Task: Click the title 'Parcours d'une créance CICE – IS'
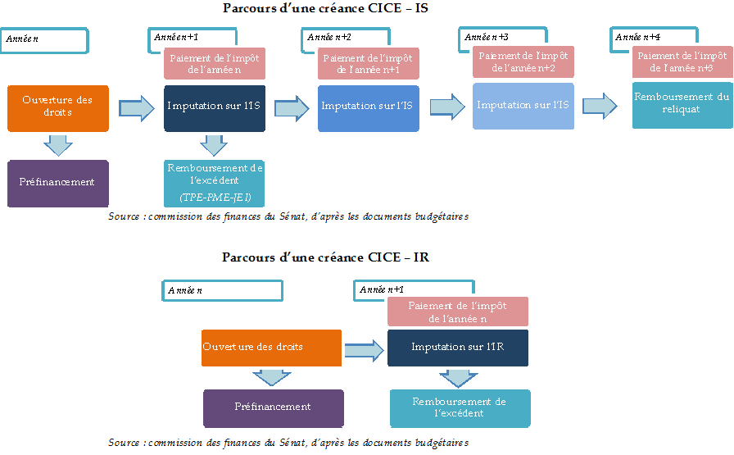325,8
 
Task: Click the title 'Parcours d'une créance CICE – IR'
325,257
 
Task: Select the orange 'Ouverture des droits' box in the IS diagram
57,107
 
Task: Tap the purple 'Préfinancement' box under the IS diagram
57,183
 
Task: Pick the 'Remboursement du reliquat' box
682,104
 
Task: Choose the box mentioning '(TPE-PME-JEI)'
214,183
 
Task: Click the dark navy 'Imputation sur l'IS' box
214,107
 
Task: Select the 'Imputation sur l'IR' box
457,348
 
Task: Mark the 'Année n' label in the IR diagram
221,290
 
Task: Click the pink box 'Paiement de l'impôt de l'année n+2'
523,61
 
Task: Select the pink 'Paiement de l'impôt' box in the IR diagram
457,312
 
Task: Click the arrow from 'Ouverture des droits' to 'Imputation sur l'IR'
364,351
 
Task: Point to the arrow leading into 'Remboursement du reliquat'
600,106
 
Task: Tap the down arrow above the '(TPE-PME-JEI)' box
214,146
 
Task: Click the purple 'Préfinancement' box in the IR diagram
273,407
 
